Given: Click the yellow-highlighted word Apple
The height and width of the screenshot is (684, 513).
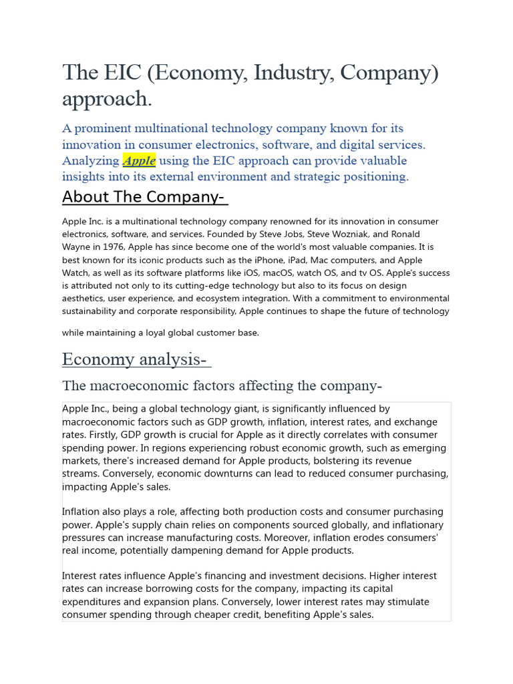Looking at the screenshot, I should (x=139, y=160).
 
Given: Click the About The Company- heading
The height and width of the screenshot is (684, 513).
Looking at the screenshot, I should (x=145, y=197).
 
